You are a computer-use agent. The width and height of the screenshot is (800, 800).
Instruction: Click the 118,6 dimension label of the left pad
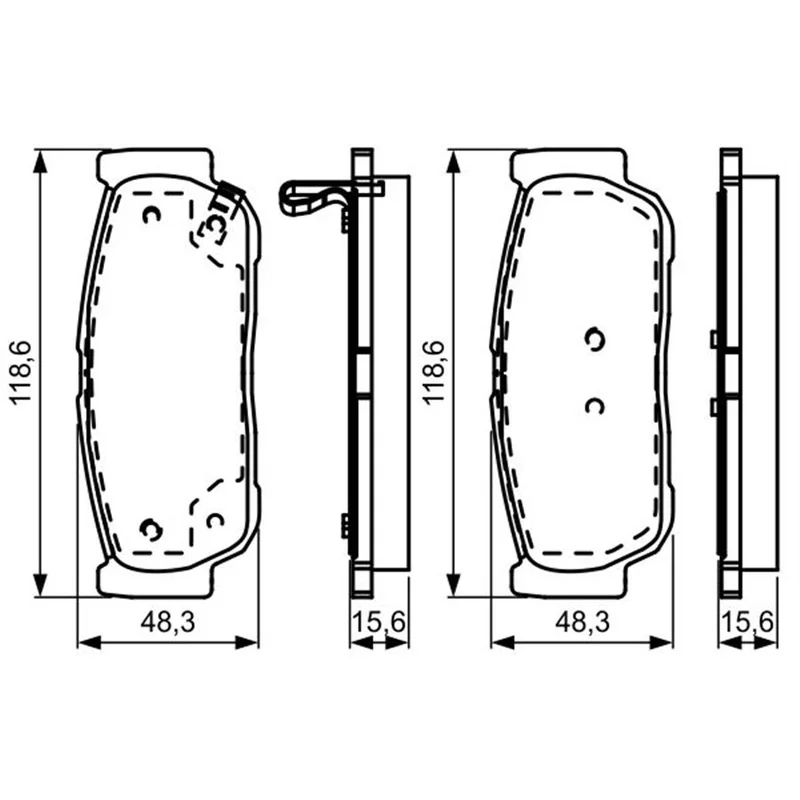click(22, 373)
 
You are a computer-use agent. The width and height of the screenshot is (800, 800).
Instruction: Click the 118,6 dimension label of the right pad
click(434, 373)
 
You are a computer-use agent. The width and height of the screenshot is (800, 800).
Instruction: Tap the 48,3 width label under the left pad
click(168, 622)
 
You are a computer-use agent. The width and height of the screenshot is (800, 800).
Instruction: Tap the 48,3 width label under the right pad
click(582, 622)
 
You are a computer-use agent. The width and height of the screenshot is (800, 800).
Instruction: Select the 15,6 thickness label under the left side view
click(379, 622)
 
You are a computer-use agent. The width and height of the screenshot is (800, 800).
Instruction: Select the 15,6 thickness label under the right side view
click(747, 622)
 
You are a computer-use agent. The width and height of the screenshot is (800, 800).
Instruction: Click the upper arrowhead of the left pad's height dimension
click(40, 162)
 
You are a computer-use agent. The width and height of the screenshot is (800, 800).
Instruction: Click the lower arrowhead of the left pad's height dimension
click(40, 584)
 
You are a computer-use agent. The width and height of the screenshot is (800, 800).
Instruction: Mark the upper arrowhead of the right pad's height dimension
click(454, 162)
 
